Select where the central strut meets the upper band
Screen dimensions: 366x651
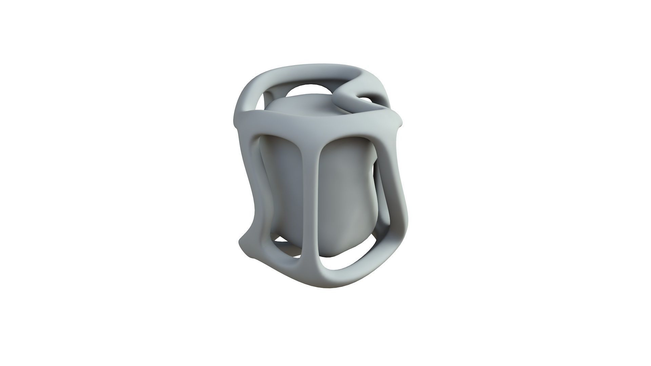pyautogui.click(x=317, y=130)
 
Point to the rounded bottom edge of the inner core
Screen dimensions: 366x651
pyautogui.click(x=336, y=249)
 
